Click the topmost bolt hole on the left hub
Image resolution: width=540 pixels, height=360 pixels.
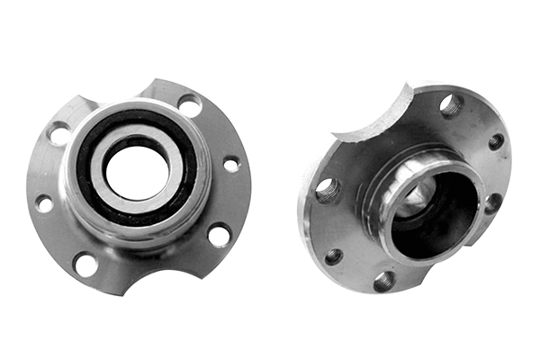click(190, 105)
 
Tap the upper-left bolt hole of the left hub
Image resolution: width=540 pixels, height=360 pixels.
click(59, 134)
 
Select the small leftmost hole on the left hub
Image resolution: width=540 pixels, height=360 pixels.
click(43, 204)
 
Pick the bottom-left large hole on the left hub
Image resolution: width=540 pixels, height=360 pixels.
click(85, 265)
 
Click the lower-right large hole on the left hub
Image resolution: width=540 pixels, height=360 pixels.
click(219, 236)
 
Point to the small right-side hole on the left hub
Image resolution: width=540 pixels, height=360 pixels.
click(231, 165)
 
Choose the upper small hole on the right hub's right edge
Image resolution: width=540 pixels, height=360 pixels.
click(496, 141)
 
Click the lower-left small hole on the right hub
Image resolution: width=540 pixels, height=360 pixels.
click(332, 256)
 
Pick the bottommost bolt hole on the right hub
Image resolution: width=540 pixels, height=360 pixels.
click(384, 282)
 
